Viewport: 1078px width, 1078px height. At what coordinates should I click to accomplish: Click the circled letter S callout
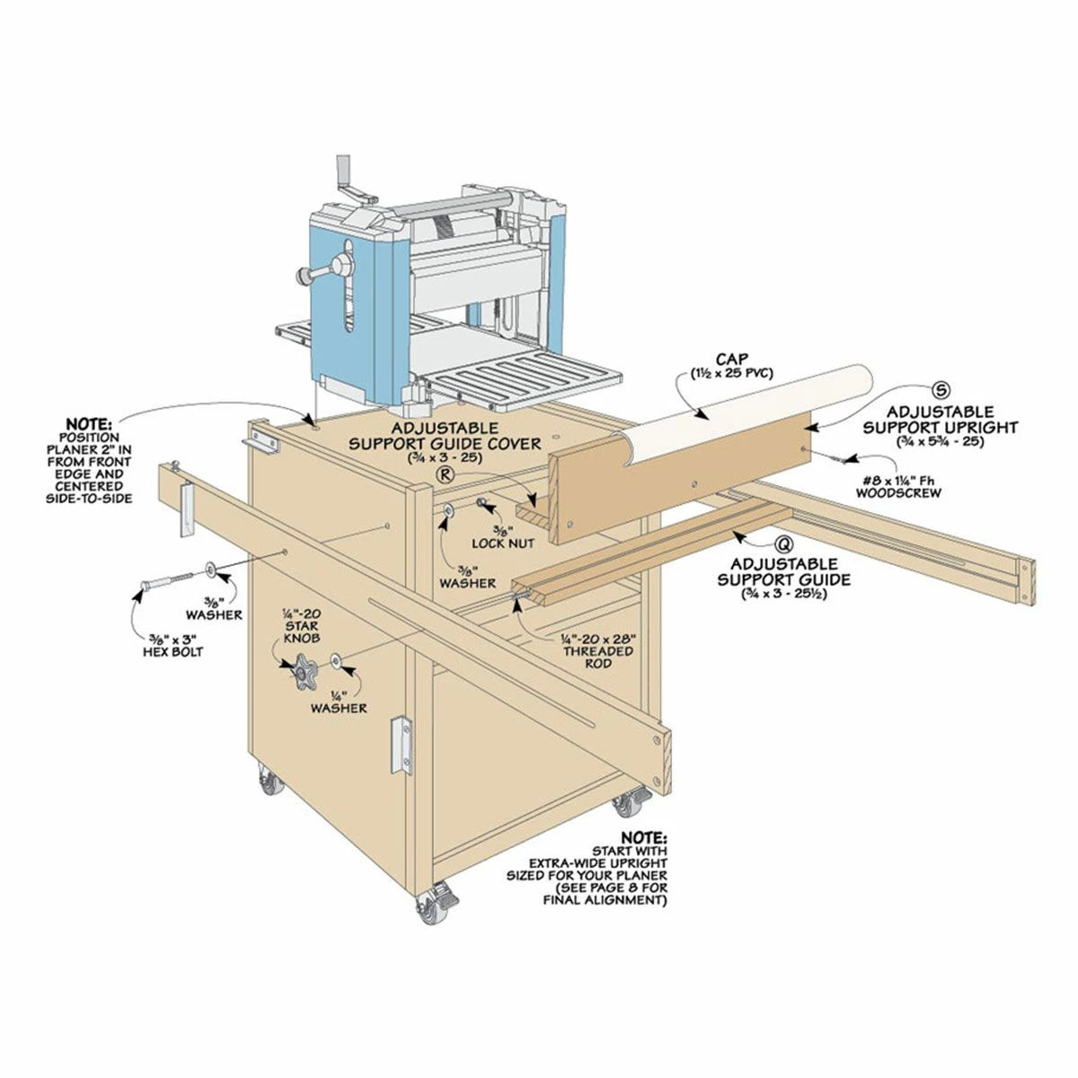pyautogui.click(x=941, y=390)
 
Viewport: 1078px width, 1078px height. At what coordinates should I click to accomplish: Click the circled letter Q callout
pyautogui.click(x=784, y=545)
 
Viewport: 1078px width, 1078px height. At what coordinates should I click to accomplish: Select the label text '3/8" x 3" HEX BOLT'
pyautogui.click(x=172, y=644)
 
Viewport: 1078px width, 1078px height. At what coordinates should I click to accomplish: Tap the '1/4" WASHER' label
pyautogui.click(x=339, y=701)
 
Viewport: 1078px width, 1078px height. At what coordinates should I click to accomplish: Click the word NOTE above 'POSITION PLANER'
pyautogui.click(x=88, y=424)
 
